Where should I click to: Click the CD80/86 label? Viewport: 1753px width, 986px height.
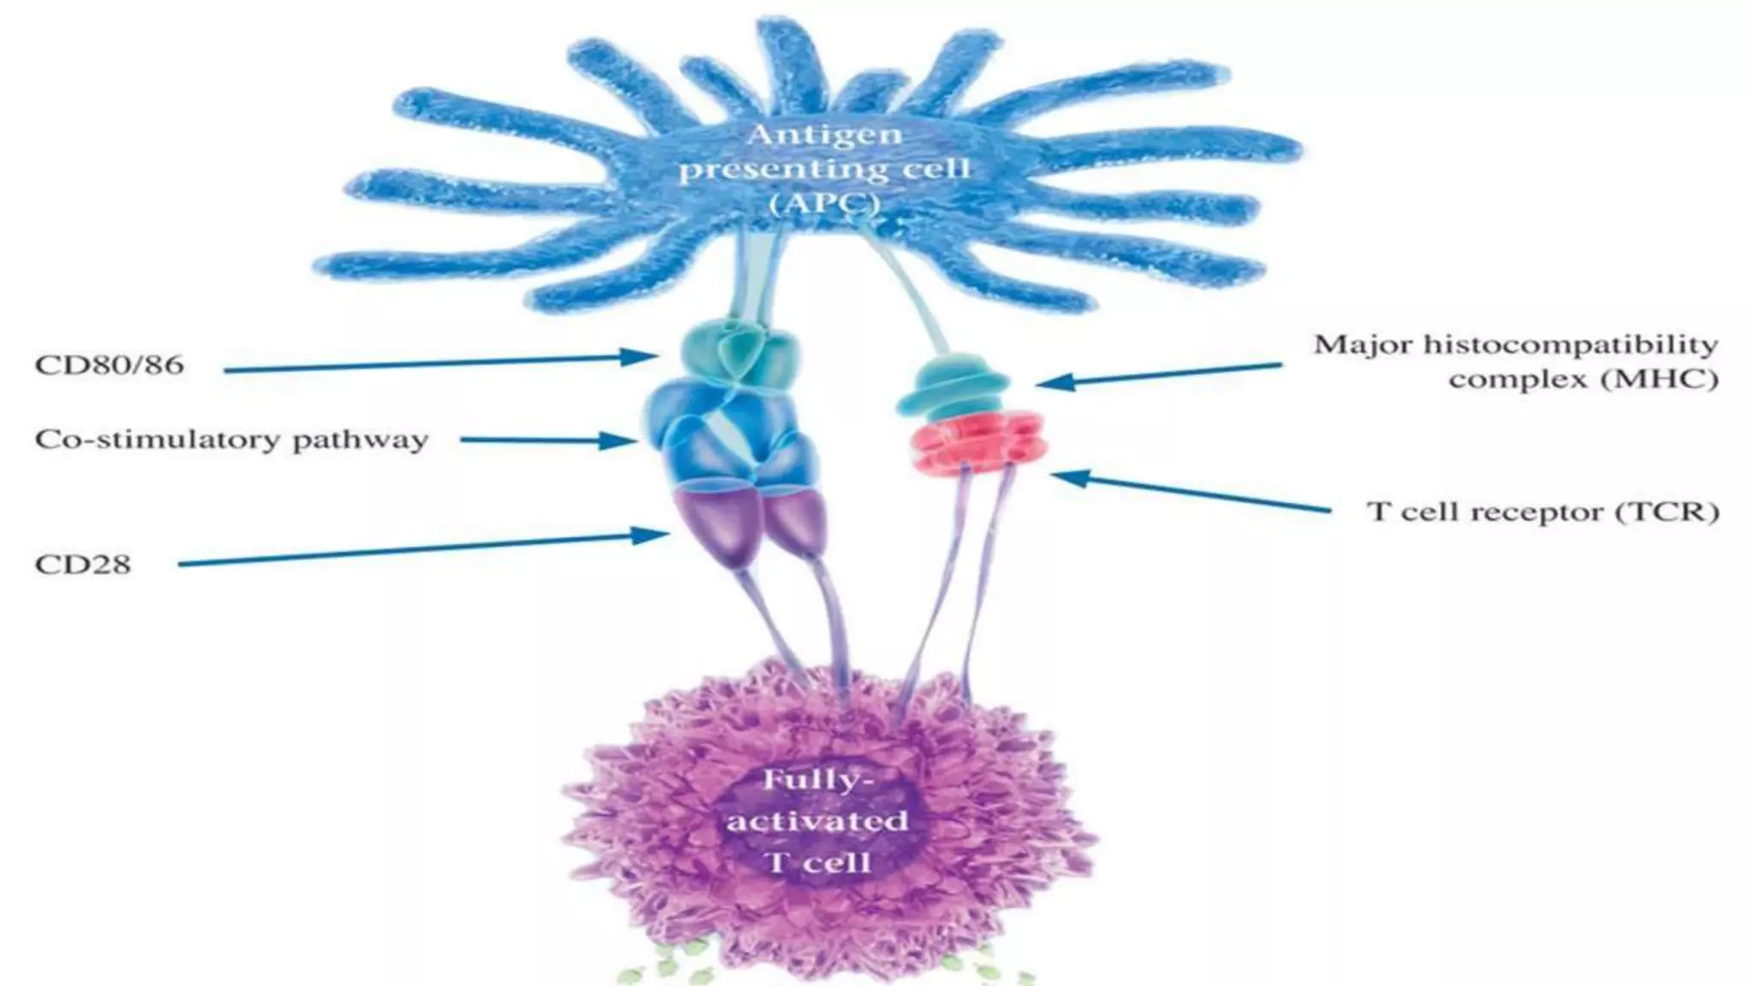(x=109, y=365)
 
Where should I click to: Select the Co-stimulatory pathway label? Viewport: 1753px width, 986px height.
(x=231, y=440)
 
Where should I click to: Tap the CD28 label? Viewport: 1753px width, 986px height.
(x=83, y=564)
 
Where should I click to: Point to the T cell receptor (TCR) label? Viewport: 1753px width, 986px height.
(x=1542, y=512)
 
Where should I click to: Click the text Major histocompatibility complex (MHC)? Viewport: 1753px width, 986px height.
(x=1516, y=361)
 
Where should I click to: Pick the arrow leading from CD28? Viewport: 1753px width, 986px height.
(x=424, y=549)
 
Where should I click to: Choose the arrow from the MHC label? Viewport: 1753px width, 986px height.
(x=1159, y=375)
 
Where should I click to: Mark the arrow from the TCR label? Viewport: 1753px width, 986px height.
(x=1190, y=492)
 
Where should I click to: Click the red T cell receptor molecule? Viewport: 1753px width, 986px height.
(x=975, y=442)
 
